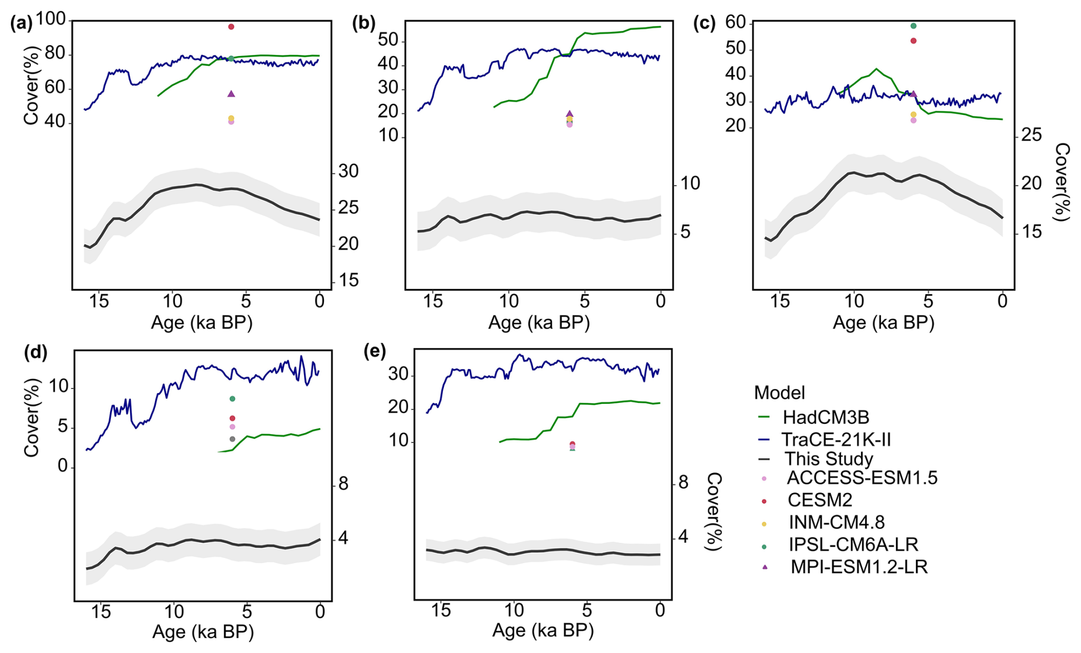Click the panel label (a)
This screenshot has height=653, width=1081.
(21, 23)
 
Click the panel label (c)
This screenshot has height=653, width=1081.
(704, 23)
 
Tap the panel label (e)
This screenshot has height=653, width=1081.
(375, 351)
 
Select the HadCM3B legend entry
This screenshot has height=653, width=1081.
(826, 417)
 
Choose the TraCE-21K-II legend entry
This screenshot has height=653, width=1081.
(836, 439)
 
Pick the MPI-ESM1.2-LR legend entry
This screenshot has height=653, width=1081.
(859, 567)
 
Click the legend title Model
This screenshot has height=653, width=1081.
(779, 392)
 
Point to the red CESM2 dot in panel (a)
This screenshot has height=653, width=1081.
(231, 27)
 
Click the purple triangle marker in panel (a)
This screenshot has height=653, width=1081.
(231, 94)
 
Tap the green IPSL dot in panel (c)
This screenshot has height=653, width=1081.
(914, 26)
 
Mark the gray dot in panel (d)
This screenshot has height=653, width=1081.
(232, 439)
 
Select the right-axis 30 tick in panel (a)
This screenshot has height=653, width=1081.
(349, 171)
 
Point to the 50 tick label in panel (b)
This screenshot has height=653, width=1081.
(388, 41)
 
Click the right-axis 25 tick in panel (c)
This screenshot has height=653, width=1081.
(1031, 135)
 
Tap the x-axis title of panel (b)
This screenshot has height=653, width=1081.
(539, 323)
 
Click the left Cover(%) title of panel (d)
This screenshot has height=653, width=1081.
(31, 417)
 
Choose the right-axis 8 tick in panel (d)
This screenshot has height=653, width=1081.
(343, 484)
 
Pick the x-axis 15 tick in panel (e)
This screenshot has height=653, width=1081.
(441, 610)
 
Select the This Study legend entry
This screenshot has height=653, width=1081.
(828, 459)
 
